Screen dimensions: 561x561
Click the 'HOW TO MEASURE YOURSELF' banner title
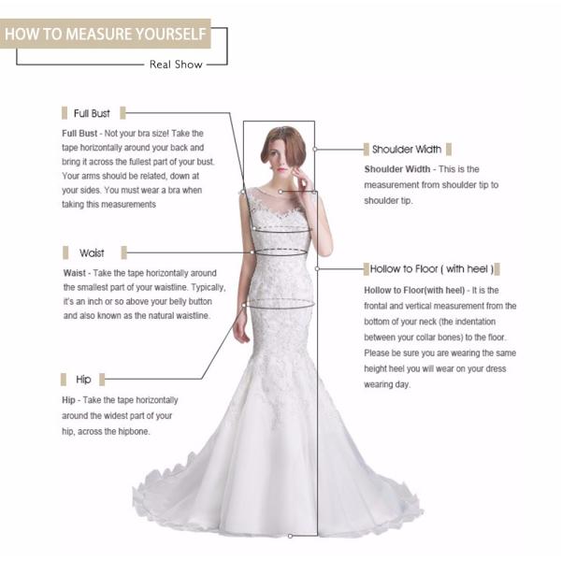(104, 35)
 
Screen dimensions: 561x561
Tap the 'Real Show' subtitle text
(172, 65)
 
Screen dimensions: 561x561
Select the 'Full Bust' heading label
(92, 113)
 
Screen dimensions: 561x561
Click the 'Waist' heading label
(92, 253)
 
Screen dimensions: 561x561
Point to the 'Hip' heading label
(84, 380)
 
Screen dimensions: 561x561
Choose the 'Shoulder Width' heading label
(407, 150)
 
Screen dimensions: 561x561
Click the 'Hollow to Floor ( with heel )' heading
(431, 269)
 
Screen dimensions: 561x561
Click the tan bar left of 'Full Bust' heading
(65, 113)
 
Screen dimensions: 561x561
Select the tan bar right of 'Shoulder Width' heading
(450, 150)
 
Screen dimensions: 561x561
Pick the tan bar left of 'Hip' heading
(65, 380)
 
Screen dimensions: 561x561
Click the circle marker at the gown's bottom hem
(291, 536)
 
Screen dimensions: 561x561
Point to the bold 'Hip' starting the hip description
(70, 399)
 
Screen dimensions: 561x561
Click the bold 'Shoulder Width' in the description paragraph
(397, 169)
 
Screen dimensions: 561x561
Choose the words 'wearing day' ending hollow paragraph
(387, 384)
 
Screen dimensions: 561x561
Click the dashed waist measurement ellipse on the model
(281, 251)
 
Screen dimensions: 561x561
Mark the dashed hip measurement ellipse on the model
(278, 303)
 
